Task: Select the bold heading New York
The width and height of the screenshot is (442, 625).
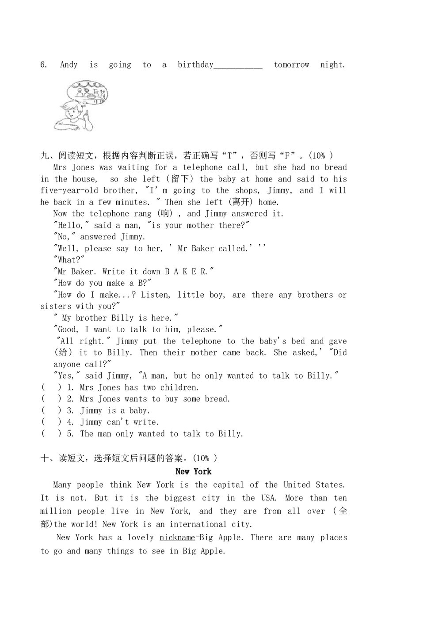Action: click(194, 472)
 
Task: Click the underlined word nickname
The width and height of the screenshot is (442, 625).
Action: click(177, 538)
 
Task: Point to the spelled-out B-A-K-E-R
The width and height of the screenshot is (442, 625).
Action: click(186, 272)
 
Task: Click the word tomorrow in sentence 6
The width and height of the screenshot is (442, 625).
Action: click(291, 65)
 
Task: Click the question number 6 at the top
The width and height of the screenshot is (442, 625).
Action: click(43, 65)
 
